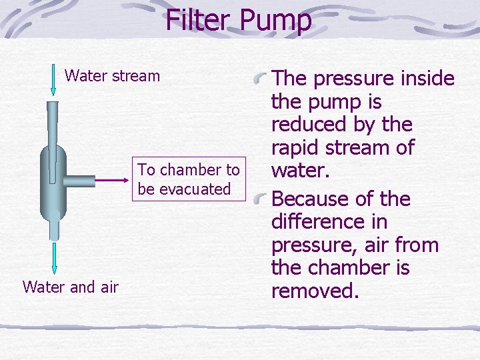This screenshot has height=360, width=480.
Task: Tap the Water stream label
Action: pos(112,75)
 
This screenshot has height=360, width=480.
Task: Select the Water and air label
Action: pos(70,287)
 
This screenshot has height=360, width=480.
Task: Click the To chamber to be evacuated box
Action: pos(188,179)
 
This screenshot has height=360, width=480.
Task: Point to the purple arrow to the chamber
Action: pos(111,180)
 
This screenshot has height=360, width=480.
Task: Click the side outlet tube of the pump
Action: pos(81,180)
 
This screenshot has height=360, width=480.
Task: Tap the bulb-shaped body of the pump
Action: pos(53,180)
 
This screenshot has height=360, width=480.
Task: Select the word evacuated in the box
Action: pos(197,189)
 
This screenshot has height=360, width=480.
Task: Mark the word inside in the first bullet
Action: pos(428,79)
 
